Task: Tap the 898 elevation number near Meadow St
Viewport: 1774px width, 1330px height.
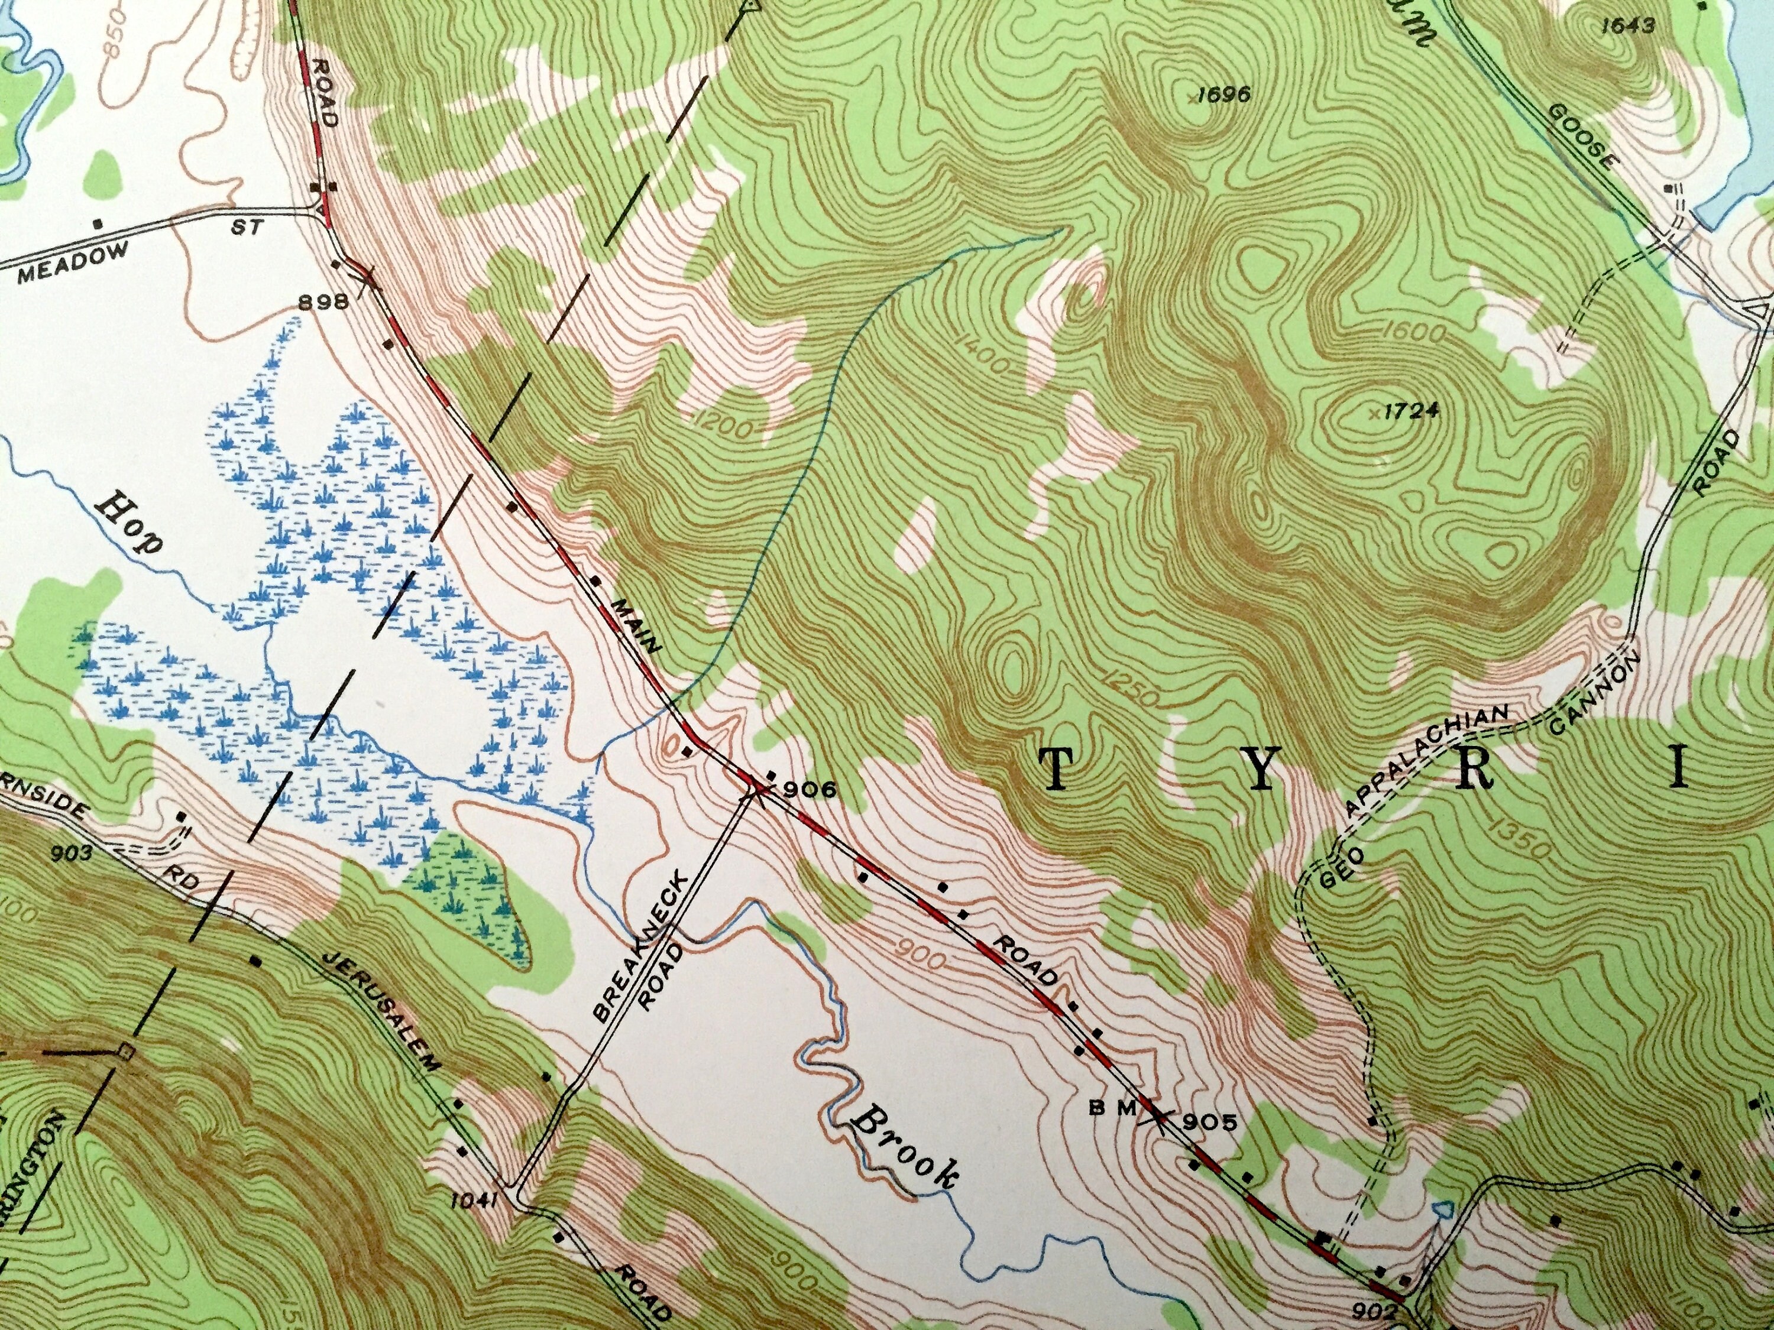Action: click(x=322, y=302)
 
